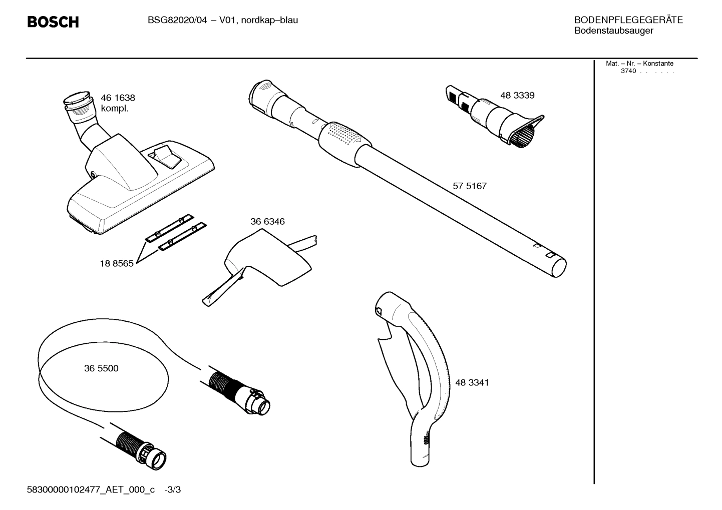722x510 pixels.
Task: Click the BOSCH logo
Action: coord(53,22)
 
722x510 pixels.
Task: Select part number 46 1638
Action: coord(118,98)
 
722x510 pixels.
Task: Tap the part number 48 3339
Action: coord(517,96)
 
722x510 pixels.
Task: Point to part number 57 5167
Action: coord(469,186)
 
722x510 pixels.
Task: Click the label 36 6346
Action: coord(267,222)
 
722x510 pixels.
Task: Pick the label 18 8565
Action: coord(117,264)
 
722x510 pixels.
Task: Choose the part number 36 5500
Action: coord(101,368)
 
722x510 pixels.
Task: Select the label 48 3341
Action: coord(472,383)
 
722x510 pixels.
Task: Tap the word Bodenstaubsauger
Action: coord(613,31)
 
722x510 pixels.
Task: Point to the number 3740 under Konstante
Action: coord(628,71)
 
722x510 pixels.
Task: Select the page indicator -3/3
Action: coord(173,489)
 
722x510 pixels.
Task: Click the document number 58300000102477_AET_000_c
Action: coord(91,489)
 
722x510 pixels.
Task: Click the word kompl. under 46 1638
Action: coord(115,109)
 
